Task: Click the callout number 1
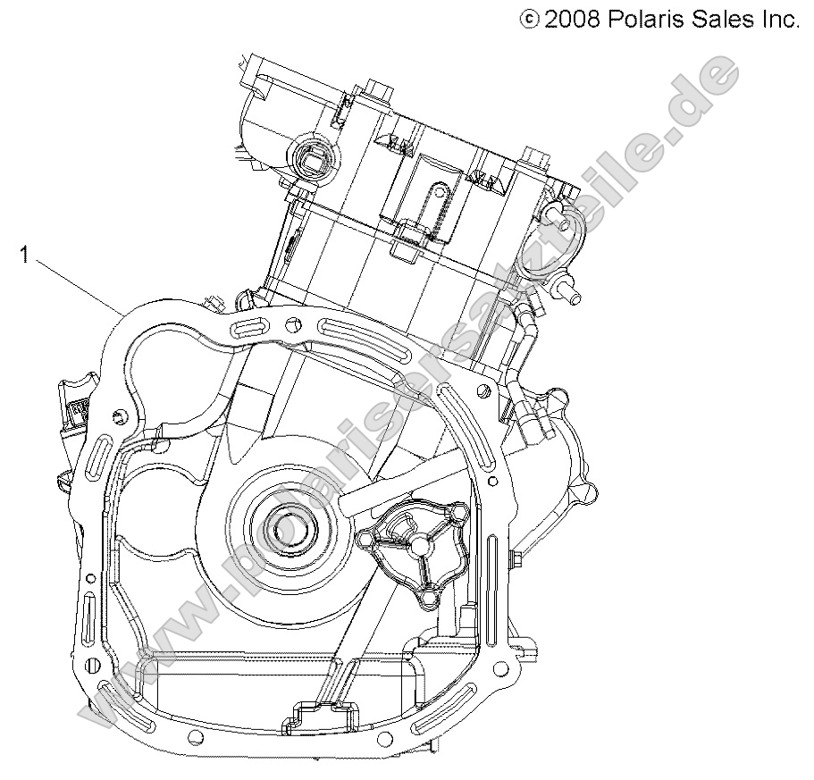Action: click(x=25, y=256)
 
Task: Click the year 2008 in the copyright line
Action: click(x=572, y=18)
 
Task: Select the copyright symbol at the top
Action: click(x=530, y=19)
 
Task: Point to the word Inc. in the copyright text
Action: click(x=778, y=18)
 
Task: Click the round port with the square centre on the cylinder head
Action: click(x=313, y=158)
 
